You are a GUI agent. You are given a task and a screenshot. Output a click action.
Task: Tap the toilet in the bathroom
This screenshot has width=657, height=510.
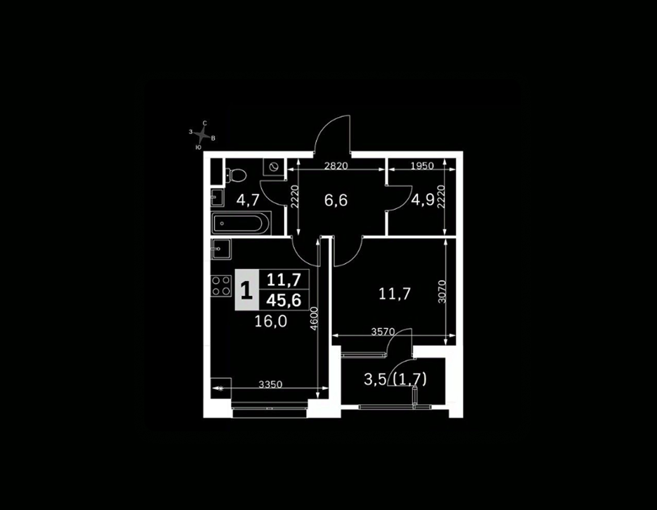[235, 173]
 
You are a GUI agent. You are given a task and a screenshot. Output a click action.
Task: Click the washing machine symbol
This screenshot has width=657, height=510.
[274, 166]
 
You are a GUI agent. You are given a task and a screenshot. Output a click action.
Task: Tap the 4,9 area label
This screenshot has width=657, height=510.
[423, 201]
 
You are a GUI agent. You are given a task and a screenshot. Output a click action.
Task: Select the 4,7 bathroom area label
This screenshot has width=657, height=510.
[247, 200]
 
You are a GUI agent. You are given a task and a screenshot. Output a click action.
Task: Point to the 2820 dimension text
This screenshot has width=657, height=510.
[336, 166]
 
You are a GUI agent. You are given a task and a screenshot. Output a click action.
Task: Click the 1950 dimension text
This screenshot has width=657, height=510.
[422, 166]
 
